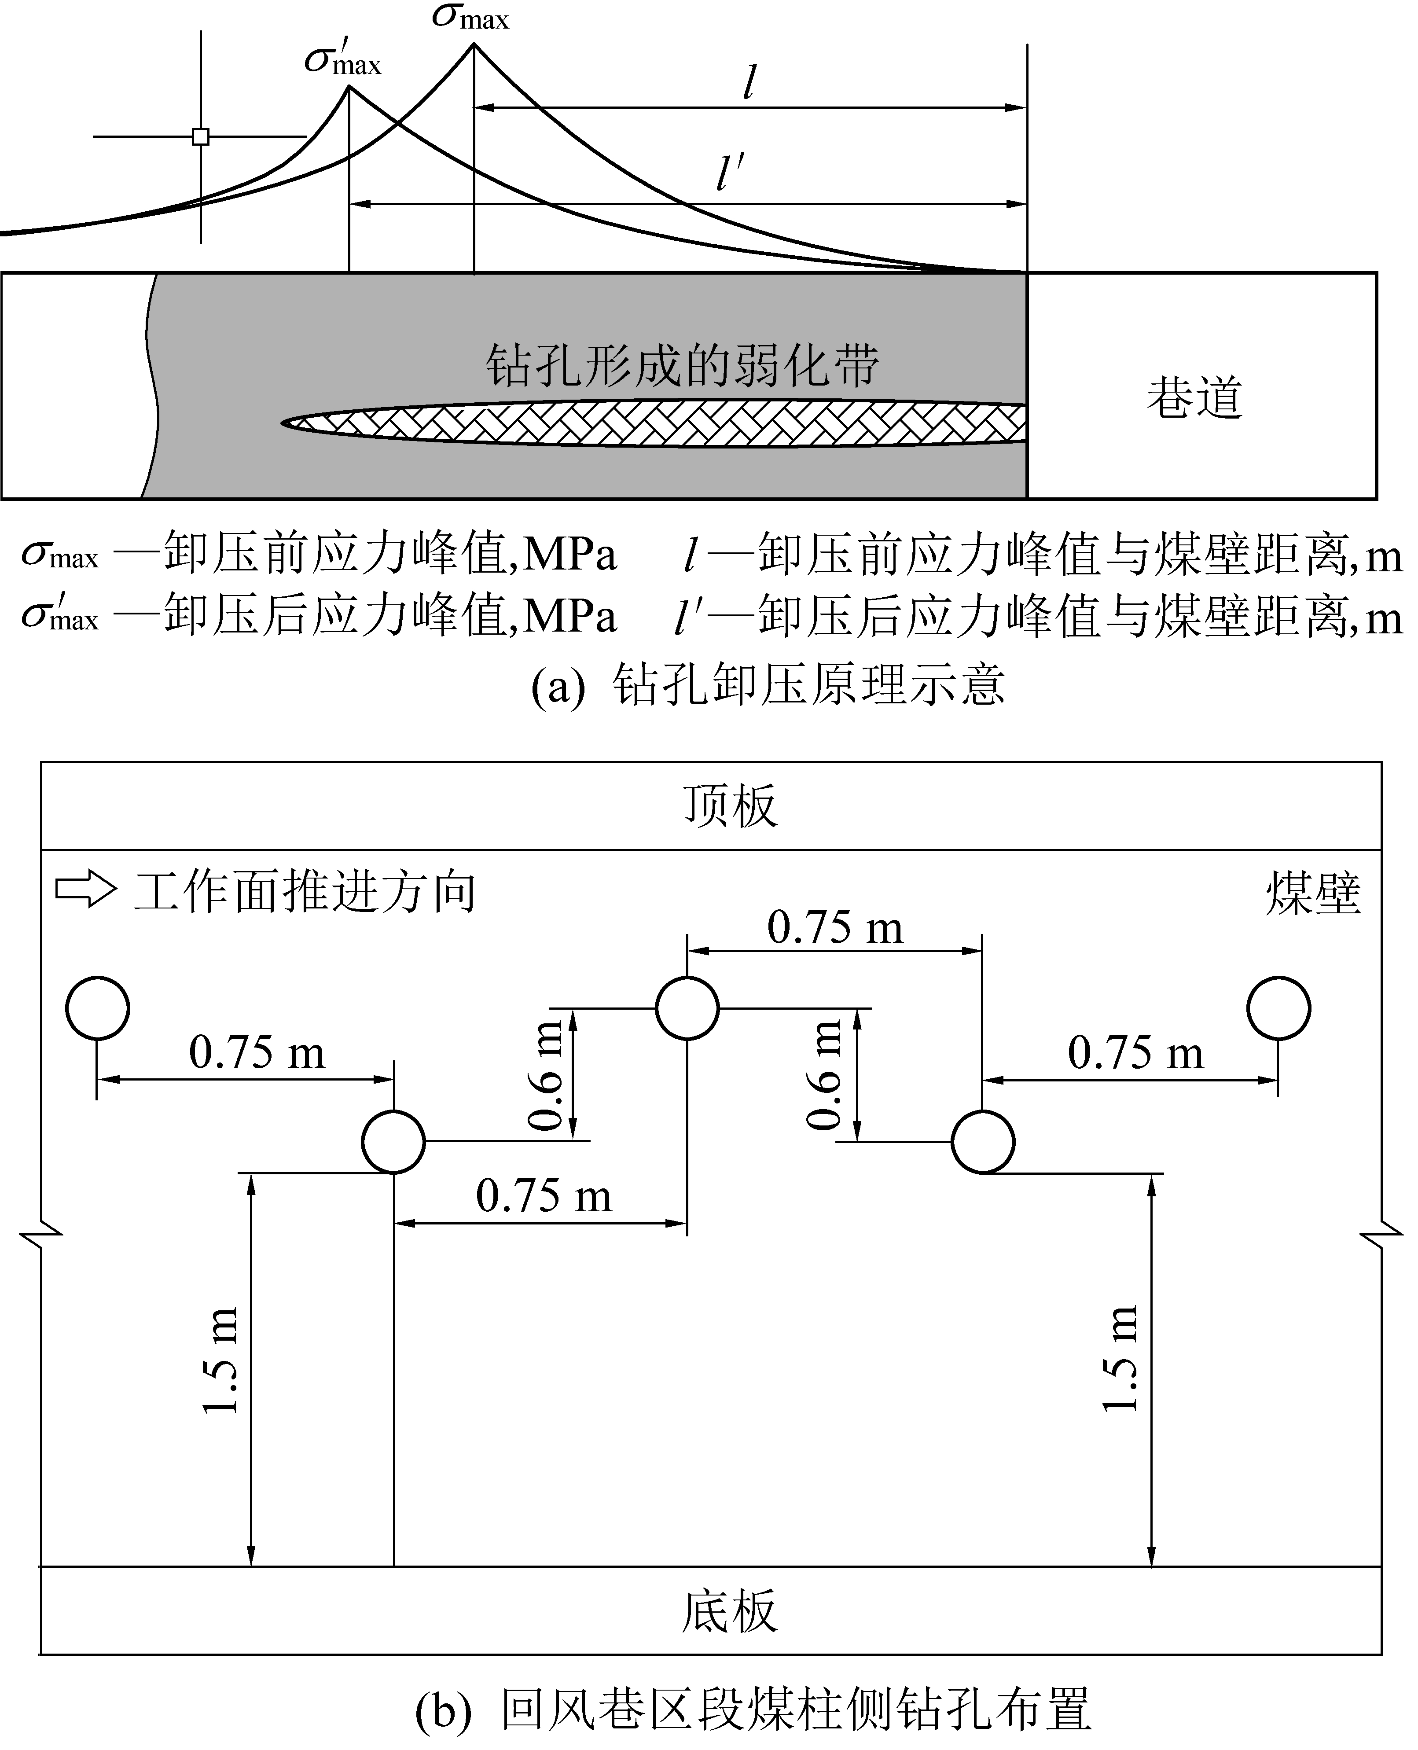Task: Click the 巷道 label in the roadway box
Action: point(1194,398)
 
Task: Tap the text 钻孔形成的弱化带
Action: point(683,365)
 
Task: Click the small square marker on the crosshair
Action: point(200,136)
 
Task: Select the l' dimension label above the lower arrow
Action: point(730,173)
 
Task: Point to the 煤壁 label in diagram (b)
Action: point(1313,893)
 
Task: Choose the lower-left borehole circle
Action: point(394,1141)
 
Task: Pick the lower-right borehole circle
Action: point(984,1141)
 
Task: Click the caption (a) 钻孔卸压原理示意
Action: point(768,685)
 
